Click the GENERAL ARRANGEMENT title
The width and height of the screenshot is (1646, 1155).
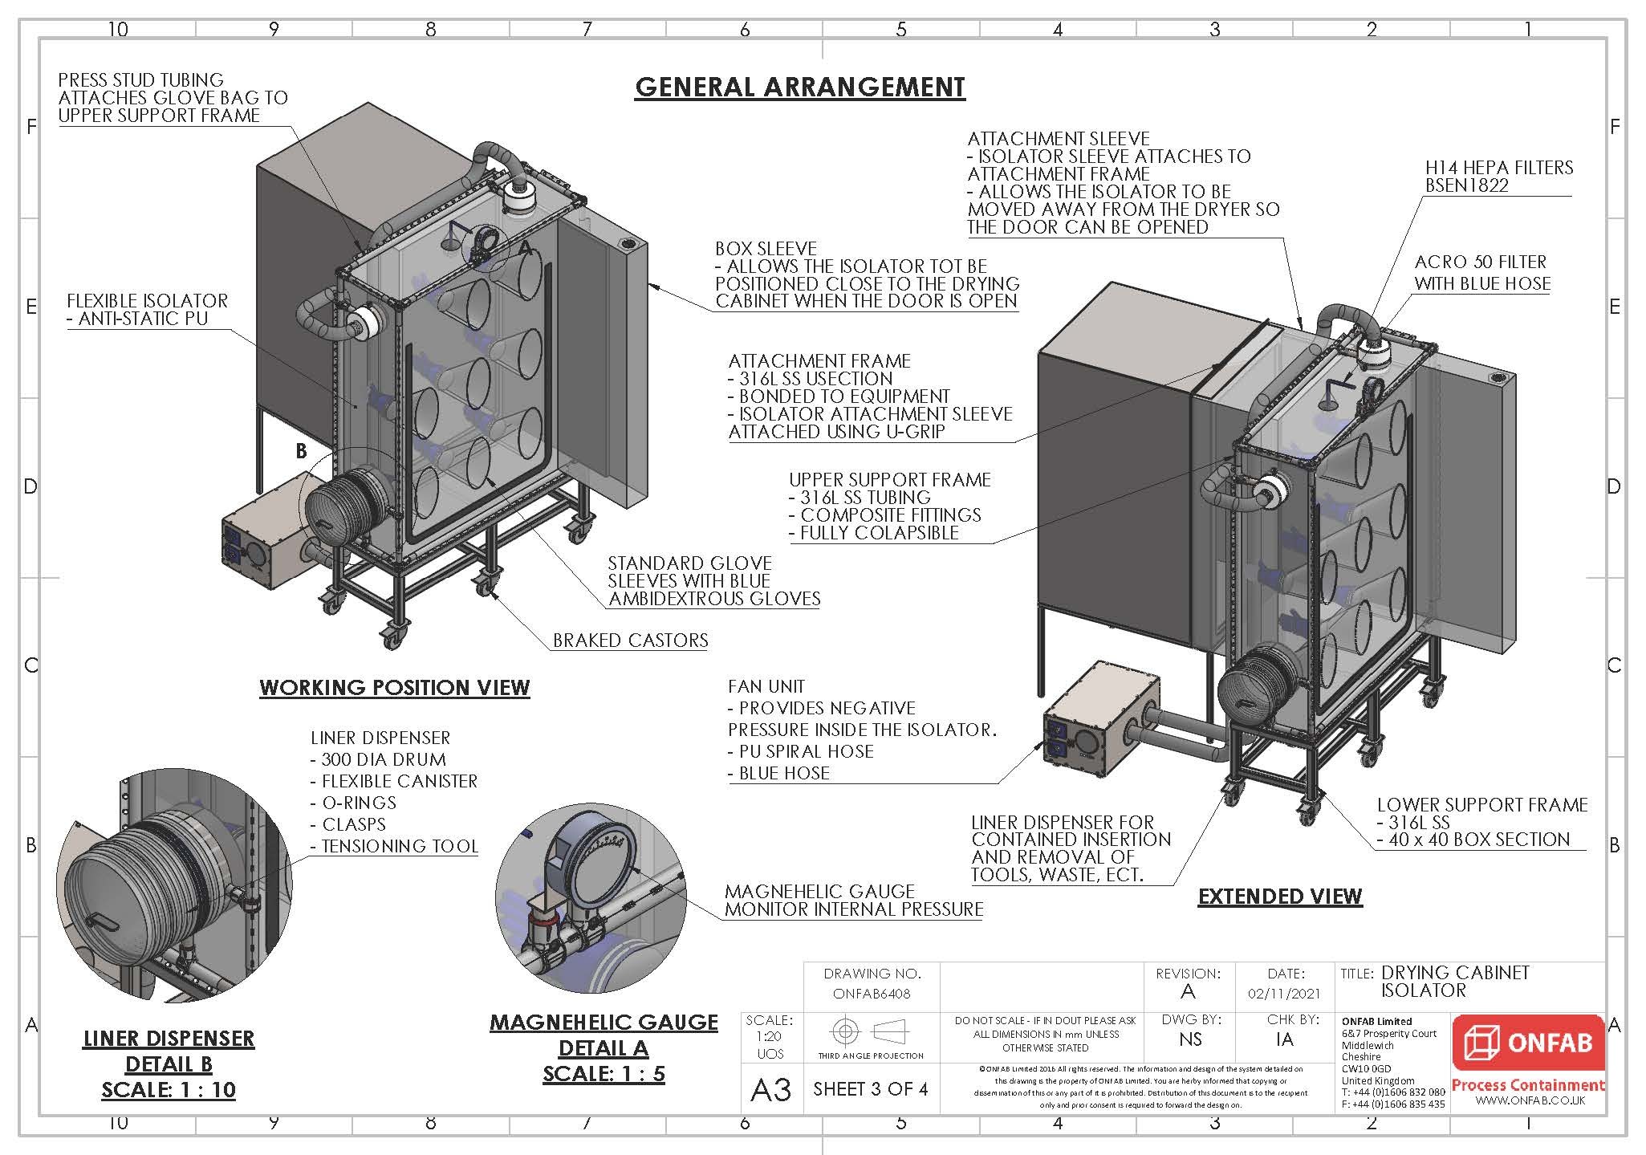[799, 87]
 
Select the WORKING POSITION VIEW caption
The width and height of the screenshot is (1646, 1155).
[394, 688]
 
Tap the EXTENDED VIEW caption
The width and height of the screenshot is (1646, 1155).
[1279, 897]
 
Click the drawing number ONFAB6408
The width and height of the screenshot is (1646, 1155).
[872, 994]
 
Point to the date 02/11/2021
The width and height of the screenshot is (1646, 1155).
[1284, 994]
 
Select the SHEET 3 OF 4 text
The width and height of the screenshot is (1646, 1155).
[870, 1089]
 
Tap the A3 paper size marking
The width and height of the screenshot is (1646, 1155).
[770, 1090]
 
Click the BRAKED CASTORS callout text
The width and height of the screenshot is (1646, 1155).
[630, 641]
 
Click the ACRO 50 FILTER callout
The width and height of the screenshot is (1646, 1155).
[1480, 262]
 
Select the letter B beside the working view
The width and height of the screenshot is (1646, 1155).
[301, 451]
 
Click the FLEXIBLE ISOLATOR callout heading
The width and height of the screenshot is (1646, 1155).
[147, 301]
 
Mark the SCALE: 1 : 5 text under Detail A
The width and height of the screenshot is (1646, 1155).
[604, 1074]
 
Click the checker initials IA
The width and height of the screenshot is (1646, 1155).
[1284, 1039]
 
